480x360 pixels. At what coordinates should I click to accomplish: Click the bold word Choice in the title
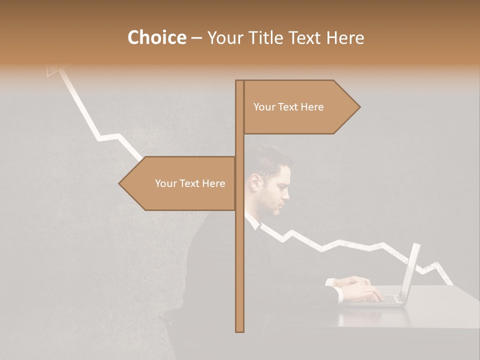point(156,37)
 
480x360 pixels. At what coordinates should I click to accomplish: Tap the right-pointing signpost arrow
point(300,107)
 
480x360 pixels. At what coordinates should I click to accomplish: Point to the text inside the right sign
point(288,107)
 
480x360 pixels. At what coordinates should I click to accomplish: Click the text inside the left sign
point(190,183)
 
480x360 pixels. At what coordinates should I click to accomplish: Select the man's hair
point(272,160)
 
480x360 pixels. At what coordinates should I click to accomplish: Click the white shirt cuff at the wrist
point(332,284)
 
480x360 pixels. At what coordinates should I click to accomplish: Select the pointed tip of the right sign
point(359,107)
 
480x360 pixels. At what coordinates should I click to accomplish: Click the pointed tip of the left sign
point(120,183)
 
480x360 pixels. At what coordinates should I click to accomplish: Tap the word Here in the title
point(345,38)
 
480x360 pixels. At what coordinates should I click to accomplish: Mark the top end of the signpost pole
point(239,81)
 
